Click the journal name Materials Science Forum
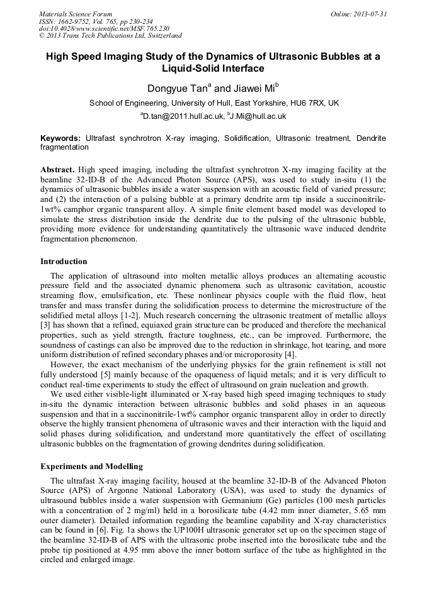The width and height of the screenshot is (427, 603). [x=76, y=14]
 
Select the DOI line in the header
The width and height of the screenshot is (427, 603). [x=104, y=28]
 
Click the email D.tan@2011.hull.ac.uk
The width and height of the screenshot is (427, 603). [x=180, y=116]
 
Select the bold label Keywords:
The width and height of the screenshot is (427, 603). [x=60, y=138]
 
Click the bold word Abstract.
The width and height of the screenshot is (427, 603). [x=58, y=170]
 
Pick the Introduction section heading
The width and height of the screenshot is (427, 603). [x=64, y=261]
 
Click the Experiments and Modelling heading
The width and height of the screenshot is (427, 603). [x=91, y=467]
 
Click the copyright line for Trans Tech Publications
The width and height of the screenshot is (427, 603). [x=110, y=36]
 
